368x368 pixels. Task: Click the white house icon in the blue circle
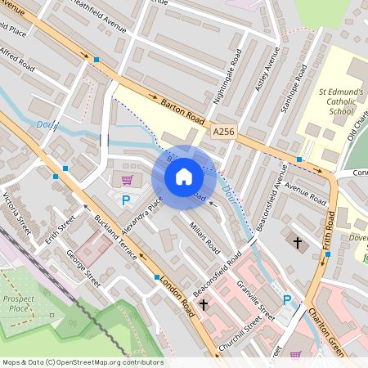tap(184, 176)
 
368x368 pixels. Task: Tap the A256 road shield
tap(222, 130)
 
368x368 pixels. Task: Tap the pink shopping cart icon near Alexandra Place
tap(127, 180)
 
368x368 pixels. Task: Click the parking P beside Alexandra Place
tap(126, 200)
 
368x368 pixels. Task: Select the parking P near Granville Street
tap(286, 300)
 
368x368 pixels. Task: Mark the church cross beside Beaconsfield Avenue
tap(298, 243)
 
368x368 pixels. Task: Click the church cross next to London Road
tap(204, 304)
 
